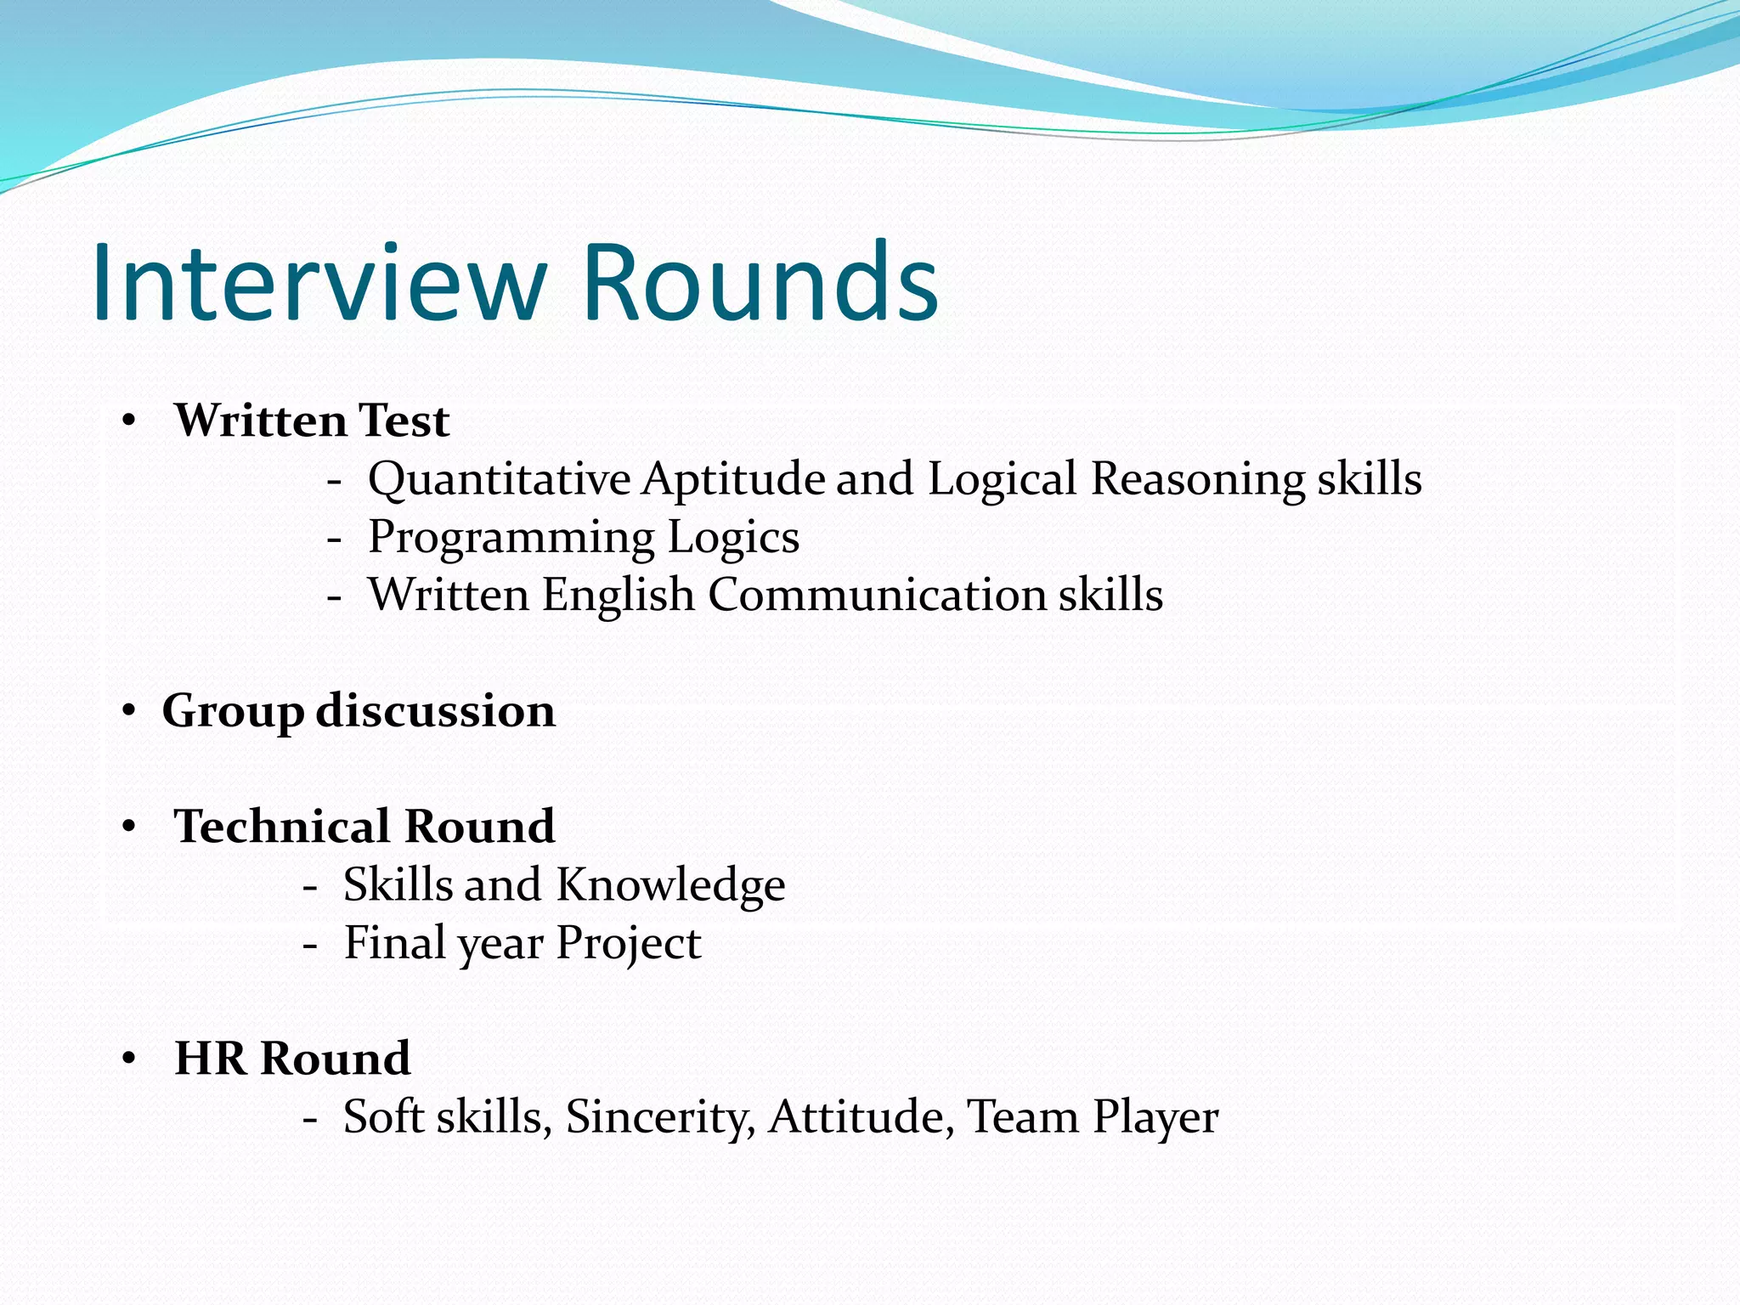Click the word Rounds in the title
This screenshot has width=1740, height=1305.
[760, 283]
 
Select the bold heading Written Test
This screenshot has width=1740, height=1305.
[312, 421]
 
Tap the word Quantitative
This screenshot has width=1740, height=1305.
[499, 479]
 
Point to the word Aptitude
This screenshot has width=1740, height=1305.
[732, 479]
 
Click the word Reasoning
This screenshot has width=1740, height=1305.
[1197, 479]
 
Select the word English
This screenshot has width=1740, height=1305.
[618, 594]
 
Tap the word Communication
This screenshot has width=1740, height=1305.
[876, 594]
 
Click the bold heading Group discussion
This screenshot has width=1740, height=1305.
[359, 710]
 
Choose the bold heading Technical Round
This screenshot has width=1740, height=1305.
[364, 827]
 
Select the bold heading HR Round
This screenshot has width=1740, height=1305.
[292, 1059]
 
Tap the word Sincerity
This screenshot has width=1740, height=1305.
[659, 1116]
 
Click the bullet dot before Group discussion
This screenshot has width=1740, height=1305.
[128, 710]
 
